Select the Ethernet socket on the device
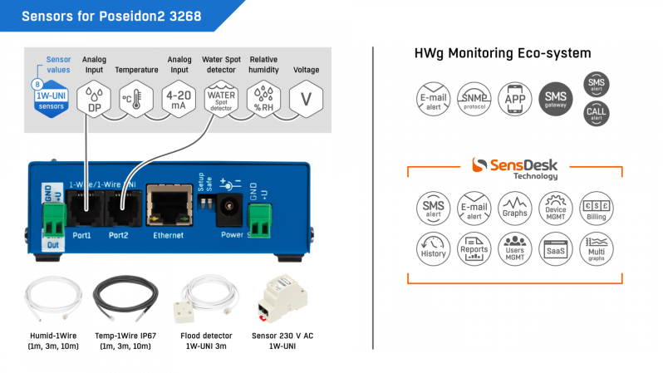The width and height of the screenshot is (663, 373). (165, 204)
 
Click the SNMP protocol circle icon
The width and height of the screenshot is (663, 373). (474, 97)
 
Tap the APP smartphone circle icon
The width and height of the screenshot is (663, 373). (516, 97)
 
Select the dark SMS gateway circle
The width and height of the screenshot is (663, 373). (556, 98)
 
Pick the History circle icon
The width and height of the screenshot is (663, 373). (433, 248)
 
